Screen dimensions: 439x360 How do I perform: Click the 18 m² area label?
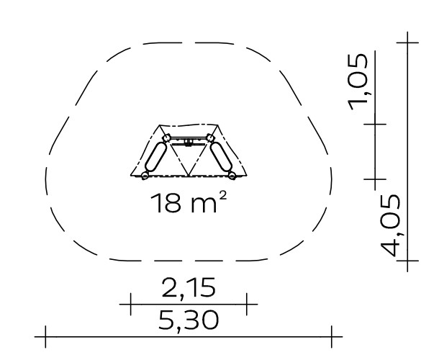tap(189, 203)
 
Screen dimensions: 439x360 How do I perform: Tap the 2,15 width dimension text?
tap(189, 288)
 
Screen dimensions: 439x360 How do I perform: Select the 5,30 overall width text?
tap(188, 320)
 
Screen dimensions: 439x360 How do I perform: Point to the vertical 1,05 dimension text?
tap(358, 82)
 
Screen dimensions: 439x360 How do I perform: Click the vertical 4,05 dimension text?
tap(390, 225)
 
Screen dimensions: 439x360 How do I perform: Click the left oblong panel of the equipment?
tap(155, 157)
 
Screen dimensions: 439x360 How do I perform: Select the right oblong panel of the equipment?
tap(221, 157)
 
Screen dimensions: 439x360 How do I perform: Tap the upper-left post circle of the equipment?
tap(166, 138)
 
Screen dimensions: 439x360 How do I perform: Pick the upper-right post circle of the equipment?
tap(209, 138)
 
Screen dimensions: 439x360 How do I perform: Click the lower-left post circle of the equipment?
tap(145, 176)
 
